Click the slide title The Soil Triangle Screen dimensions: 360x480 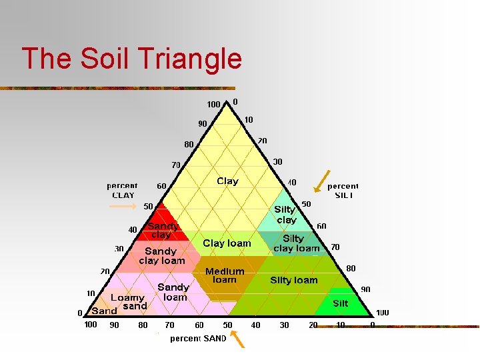pyautogui.click(x=131, y=59)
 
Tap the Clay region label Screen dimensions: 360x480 pyautogui.click(x=227, y=181)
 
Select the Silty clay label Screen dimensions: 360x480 pyautogui.click(x=286, y=215)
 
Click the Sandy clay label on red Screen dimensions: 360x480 pyautogui.click(x=162, y=231)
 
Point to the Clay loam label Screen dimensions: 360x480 pyautogui.click(x=227, y=243)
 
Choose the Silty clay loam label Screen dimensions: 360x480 pyautogui.click(x=296, y=243)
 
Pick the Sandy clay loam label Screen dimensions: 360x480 pyautogui.click(x=161, y=256)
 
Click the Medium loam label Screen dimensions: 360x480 pyautogui.click(x=225, y=275)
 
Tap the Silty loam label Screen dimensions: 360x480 pyautogui.click(x=293, y=280)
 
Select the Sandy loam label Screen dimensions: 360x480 pyautogui.click(x=173, y=292)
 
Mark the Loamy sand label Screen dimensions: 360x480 pyautogui.click(x=128, y=302)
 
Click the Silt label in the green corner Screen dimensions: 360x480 pyautogui.click(x=340, y=303)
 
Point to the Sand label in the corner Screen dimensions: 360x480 pyautogui.click(x=104, y=311)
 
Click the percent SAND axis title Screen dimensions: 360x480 pyautogui.click(x=198, y=339)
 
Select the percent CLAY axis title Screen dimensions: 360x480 pyautogui.click(x=123, y=191)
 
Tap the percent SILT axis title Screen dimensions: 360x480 pyautogui.click(x=343, y=191)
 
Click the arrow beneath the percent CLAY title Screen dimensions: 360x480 pyautogui.click(x=123, y=206)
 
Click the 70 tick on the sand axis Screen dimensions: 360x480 pyautogui.click(x=169, y=325)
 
